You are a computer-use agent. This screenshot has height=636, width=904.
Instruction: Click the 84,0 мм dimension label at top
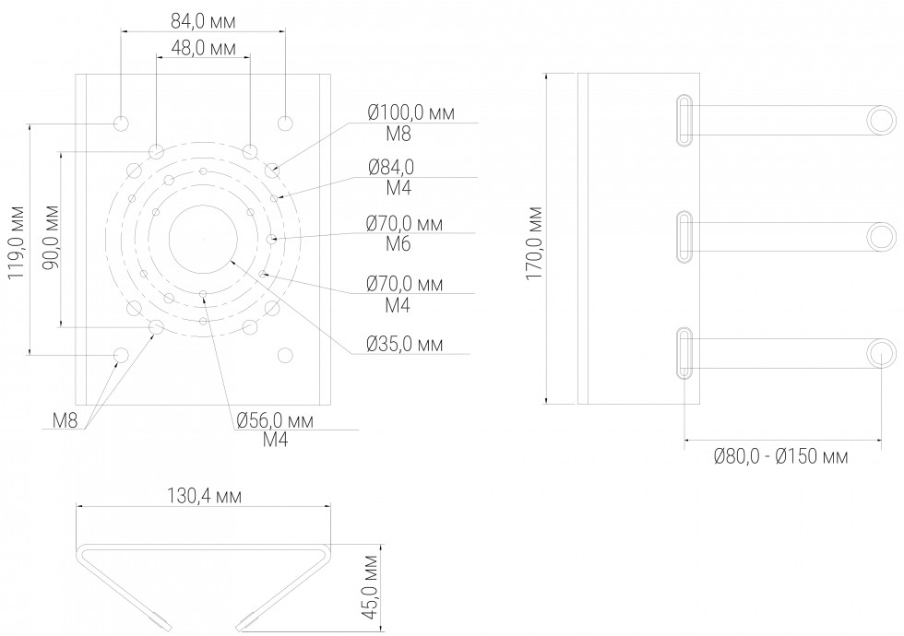click(202, 19)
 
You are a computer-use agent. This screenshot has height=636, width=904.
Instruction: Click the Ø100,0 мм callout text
click(410, 113)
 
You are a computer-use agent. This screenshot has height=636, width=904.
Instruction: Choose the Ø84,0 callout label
click(391, 167)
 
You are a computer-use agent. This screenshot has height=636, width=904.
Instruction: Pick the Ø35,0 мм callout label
click(404, 345)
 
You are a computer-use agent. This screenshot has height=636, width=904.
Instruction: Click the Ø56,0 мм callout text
click(275, 420)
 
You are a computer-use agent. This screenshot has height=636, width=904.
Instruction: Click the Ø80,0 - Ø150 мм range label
click(780, 456)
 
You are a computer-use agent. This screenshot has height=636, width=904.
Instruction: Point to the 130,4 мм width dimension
click(204, 496)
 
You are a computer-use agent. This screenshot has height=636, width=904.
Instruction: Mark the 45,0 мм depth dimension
click(370, 590)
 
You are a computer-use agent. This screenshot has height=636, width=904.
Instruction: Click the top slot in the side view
click(684, 119)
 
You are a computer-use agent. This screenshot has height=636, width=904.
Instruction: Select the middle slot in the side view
click(684, 237)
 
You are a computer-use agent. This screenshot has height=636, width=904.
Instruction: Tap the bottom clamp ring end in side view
click(880, 354)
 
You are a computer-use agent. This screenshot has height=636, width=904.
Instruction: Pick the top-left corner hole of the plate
click(121, 123)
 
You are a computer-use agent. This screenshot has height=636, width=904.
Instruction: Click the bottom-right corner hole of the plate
click(285, 354)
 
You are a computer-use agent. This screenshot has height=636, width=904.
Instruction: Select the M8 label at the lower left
click(65, 422)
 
